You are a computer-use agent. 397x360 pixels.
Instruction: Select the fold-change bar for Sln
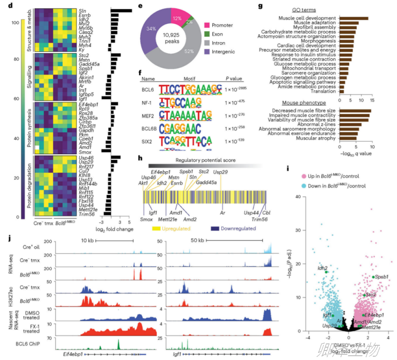[122, 10]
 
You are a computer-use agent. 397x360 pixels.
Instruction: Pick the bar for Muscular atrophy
[347, 140]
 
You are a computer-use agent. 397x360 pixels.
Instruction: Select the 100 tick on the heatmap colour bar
[16, 22]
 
